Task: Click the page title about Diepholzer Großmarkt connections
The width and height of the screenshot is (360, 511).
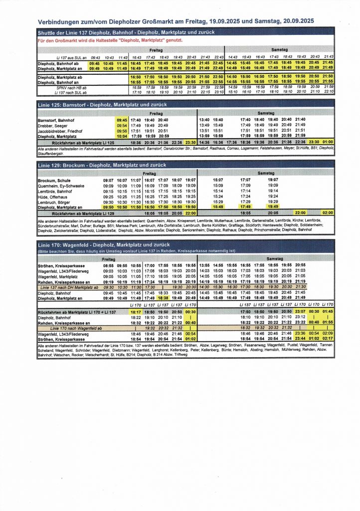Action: (176, 21)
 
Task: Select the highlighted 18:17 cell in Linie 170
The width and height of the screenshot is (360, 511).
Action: (136, 311)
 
